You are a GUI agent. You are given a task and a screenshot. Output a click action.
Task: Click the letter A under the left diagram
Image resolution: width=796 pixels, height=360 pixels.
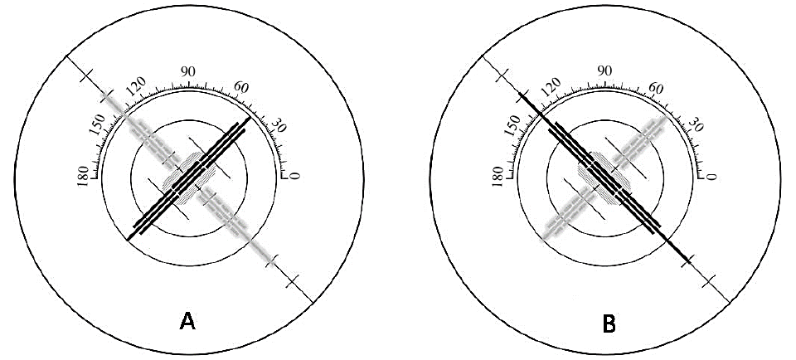(188, 321)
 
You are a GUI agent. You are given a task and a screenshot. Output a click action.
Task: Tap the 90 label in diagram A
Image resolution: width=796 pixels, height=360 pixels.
(189, 72)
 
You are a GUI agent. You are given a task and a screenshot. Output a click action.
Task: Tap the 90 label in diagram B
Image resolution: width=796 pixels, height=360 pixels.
(604, 71)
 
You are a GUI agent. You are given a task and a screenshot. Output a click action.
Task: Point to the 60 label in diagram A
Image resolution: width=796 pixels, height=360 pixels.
(241, 87)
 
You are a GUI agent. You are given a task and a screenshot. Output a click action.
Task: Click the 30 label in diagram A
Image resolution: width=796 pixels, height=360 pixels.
(279, 125)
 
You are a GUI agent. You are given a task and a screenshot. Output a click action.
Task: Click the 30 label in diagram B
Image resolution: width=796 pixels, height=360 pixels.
(694, 125)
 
